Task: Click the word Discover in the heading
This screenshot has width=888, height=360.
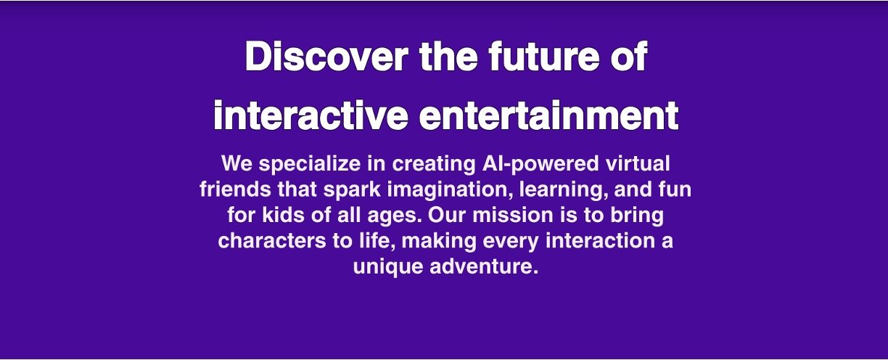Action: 326,57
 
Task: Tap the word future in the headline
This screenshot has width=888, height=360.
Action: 544,57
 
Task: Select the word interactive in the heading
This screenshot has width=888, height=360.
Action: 311,115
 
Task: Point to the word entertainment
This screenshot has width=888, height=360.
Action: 549,115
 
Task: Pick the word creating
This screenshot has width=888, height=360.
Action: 434,165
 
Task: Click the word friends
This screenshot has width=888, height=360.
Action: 236,189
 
